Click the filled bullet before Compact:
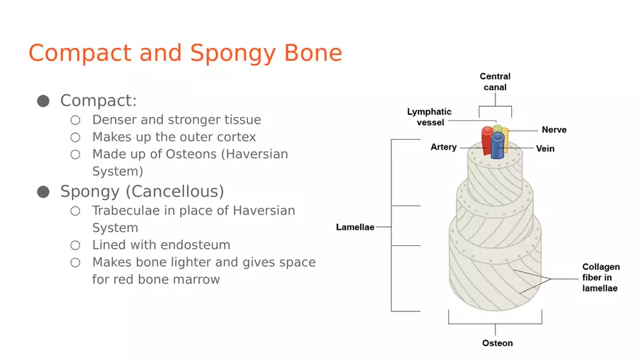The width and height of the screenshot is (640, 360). click(x=44, y=101)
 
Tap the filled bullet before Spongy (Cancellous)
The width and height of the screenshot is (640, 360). click(x=44, y=192)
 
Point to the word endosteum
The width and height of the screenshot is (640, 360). click(x=196, y=245)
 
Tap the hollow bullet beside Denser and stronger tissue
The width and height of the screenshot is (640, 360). click(x=76, y=120)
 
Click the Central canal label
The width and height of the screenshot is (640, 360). click(x=495, y=81)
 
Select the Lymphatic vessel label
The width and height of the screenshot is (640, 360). click(x=429, y=117)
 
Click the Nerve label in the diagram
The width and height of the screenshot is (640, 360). click(x=553, y=130)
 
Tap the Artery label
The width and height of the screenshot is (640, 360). click(x=444, y=147)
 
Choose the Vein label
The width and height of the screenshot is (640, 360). click(x=545, y=149)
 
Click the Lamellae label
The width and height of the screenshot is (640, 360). click(x=355, y=227)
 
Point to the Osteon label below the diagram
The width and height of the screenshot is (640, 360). click(x=497, y=343)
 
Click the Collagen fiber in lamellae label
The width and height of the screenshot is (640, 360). click(x=601, y=278)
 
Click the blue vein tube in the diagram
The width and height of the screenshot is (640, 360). click(x=498, y=146)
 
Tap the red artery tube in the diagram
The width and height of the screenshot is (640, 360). click(x=487, y=141)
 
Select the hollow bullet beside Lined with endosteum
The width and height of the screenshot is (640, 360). click(x=76, y=245)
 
